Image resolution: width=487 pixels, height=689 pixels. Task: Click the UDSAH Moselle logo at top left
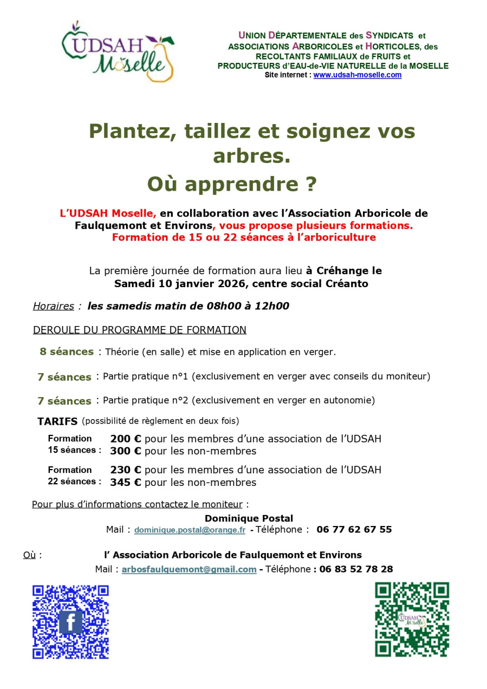119,51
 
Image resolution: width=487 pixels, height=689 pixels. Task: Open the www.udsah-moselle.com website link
357,75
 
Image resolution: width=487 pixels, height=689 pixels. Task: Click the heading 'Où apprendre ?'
232,184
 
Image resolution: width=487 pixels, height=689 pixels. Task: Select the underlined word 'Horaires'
53,306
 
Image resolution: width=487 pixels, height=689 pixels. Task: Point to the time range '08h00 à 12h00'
248,306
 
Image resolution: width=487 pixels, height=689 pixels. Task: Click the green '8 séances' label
67,352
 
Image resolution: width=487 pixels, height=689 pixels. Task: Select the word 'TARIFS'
57,421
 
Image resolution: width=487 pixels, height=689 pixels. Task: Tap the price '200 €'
126,439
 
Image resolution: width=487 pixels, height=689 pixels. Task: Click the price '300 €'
126,451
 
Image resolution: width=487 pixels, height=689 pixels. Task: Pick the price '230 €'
126,470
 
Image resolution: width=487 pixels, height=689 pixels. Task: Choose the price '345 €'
126,482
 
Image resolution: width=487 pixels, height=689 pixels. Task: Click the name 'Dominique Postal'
249,518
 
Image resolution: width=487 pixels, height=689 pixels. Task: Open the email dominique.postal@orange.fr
190,530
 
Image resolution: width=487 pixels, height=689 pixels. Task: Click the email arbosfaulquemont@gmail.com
189,569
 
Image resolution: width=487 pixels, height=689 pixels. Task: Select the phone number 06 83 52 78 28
356,569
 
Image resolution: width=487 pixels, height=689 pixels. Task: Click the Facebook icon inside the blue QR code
70,622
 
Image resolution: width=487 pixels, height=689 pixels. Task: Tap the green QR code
412,620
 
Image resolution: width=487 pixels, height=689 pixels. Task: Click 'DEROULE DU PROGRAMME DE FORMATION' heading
140,330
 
